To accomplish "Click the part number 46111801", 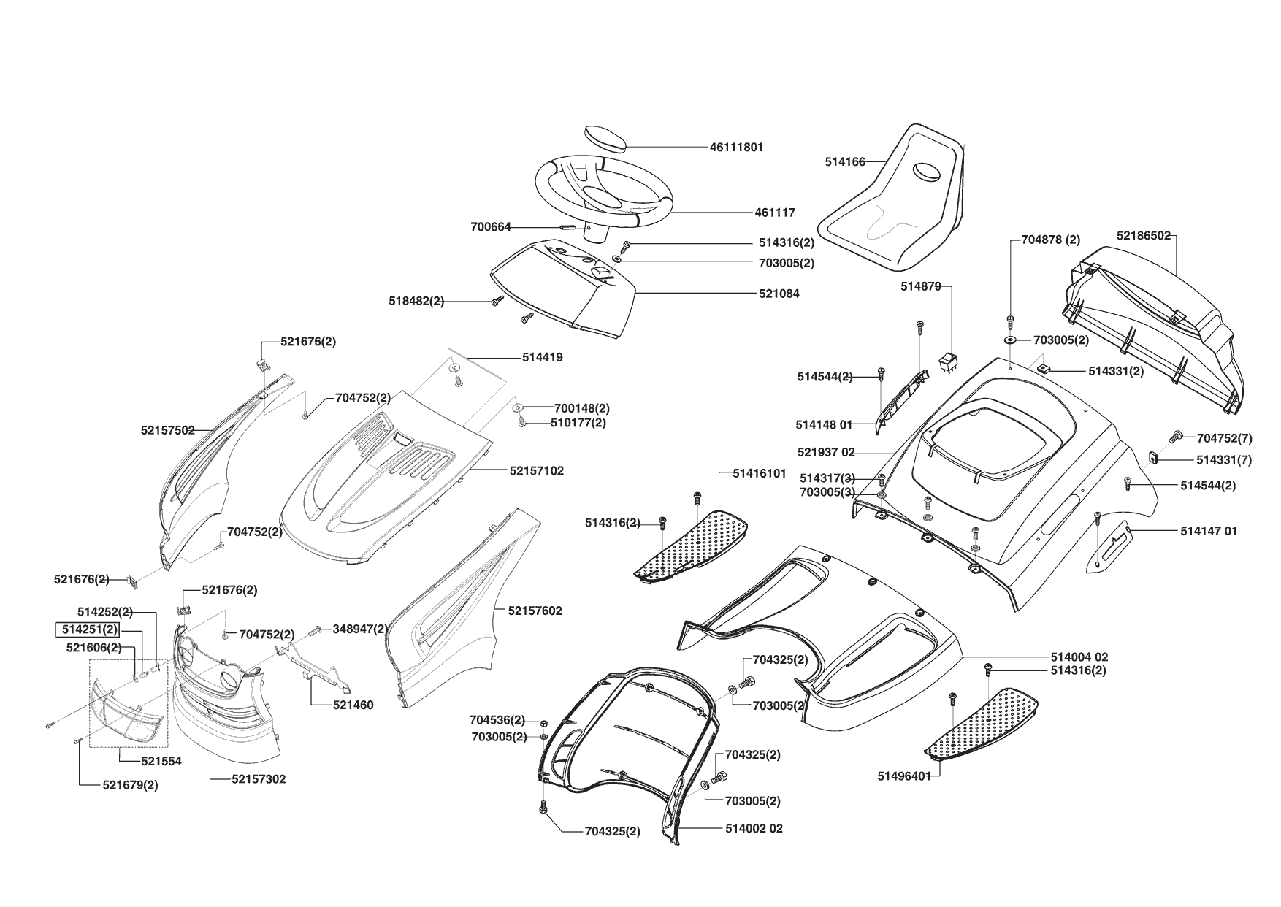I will (x=736, y=147).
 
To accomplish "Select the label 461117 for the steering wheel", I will (x=775, y=213).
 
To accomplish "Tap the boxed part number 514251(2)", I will (x=88, y=629).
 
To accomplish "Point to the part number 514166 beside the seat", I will (x=845, y=162).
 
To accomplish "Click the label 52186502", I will (x=1143, y=236).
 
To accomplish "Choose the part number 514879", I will (x=920, y=287).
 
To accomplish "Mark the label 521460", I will (x=353, y=705).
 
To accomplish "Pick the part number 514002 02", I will (x=754, y=829).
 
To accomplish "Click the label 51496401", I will (x=904, y=776).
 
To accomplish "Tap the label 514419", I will (x=543, y=358).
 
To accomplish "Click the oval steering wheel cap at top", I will (x=605, y=138).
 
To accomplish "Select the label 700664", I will (x=491, y=227).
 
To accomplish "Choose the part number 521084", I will (x=779, y=294).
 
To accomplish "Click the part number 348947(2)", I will (x=360, y=629).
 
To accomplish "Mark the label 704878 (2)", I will (x=1050, y=240).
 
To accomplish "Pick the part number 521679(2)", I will (x=130, y=785).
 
